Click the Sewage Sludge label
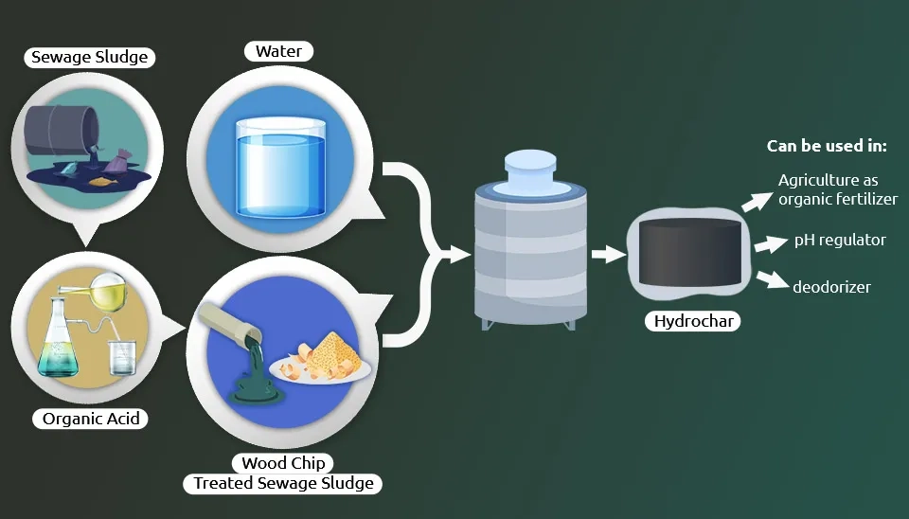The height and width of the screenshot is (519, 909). (90, 58)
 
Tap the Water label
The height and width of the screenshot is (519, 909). (278, 51)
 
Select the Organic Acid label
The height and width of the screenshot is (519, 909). (91, 419)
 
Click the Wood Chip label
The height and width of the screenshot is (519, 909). (283, 463)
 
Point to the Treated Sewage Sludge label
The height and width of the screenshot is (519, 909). (283, 483)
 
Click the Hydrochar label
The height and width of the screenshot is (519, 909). (693, 321)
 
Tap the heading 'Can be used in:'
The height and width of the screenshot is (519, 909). (827, 146)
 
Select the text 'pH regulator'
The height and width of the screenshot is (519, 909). (840, 240)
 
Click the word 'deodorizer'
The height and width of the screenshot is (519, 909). (831, 286)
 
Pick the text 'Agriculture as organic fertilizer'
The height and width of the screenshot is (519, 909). (838, 189)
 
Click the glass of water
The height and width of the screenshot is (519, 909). (282, 169)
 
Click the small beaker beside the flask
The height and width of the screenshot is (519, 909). (122, 358)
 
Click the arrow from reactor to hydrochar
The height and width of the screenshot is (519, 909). (609, 254)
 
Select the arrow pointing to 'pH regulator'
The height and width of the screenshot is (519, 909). (772, 244)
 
